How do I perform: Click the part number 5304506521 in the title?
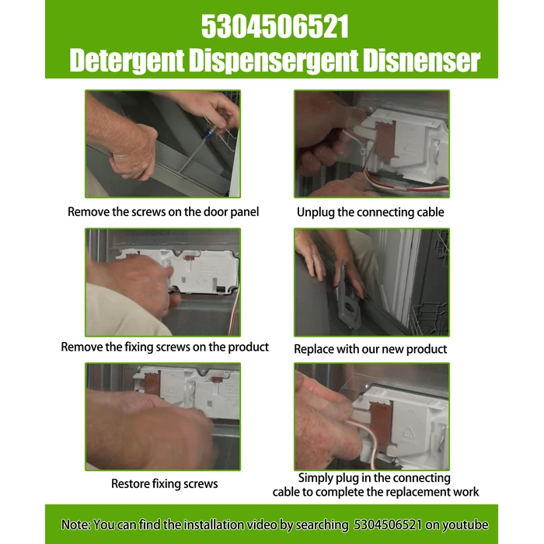275,26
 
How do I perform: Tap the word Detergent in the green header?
127,61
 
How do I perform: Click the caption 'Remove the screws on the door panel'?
163,211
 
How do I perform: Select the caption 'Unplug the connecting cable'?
370,212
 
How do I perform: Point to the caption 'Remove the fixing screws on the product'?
165,347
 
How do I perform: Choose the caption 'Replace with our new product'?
370,349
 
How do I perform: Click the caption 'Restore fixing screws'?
165,483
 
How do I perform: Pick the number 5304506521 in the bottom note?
388,525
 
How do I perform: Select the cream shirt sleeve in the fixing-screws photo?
125,311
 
